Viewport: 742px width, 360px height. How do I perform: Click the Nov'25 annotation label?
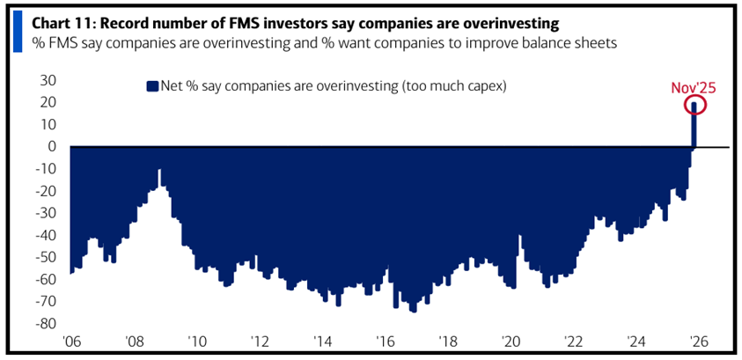pyautogui.click(x=693, y=86)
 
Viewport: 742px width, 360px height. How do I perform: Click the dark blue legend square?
pyautogui.click(x=151, y=85)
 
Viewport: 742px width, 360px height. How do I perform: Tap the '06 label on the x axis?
pyautogui.click(x=71, y=342)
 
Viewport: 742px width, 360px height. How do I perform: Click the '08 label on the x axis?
pyautogui.click(x=135, y=342)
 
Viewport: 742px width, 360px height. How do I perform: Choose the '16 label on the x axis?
pyautogui.click(x=385, y=342)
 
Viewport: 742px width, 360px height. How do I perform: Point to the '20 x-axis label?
pyautogui.click(x=510, y=342)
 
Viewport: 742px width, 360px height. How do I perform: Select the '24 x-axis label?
pyautogui.click(x=635, y=342)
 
